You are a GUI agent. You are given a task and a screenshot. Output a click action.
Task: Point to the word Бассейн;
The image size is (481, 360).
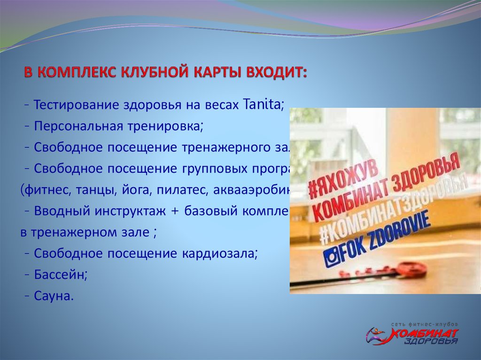(61, 275)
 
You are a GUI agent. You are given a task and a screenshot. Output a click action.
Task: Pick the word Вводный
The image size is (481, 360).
(61, 211)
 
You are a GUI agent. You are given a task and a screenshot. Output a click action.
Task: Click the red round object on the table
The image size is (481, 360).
(411, 269)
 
